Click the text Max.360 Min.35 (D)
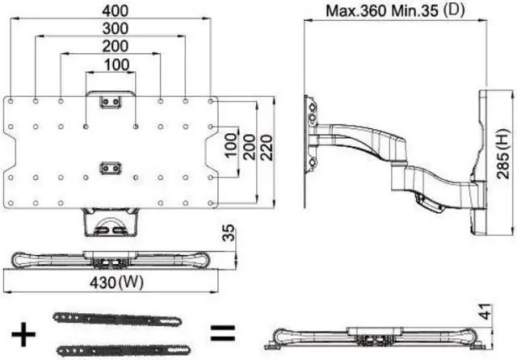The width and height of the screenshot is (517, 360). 397,12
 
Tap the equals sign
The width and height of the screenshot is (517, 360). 222,332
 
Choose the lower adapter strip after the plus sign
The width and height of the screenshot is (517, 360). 114,348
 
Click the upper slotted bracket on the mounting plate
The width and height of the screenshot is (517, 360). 109,102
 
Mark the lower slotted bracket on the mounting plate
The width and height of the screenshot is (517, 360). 109,168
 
